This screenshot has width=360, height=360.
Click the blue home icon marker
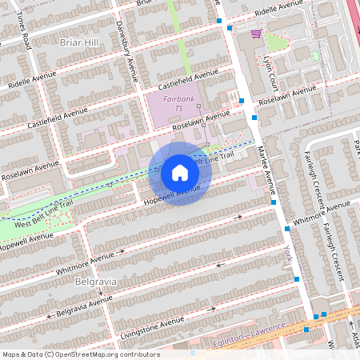(180, 173)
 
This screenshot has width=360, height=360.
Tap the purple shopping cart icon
(256, 34)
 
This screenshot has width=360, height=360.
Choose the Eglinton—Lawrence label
(250, 334)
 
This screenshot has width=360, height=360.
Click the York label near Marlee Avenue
(287, 254)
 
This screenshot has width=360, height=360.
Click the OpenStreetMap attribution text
(80, 354)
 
